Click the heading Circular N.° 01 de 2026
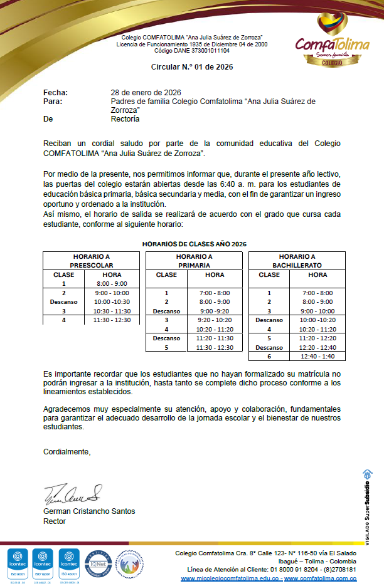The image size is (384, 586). [192, 66]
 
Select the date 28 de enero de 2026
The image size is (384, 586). [146, 93]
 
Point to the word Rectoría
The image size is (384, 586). [125, 118]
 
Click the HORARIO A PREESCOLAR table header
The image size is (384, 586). [91, 261]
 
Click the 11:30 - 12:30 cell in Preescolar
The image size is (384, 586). [112, 320]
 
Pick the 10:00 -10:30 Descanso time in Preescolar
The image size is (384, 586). [112, 301]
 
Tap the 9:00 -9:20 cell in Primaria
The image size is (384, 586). [215, 311]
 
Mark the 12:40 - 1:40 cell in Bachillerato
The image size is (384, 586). [317, 357]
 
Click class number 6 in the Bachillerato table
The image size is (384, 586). [269, 357]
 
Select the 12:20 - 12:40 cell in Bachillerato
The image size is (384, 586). [317, 347]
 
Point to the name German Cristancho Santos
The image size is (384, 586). [88, 511]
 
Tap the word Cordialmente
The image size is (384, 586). [67, 451]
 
